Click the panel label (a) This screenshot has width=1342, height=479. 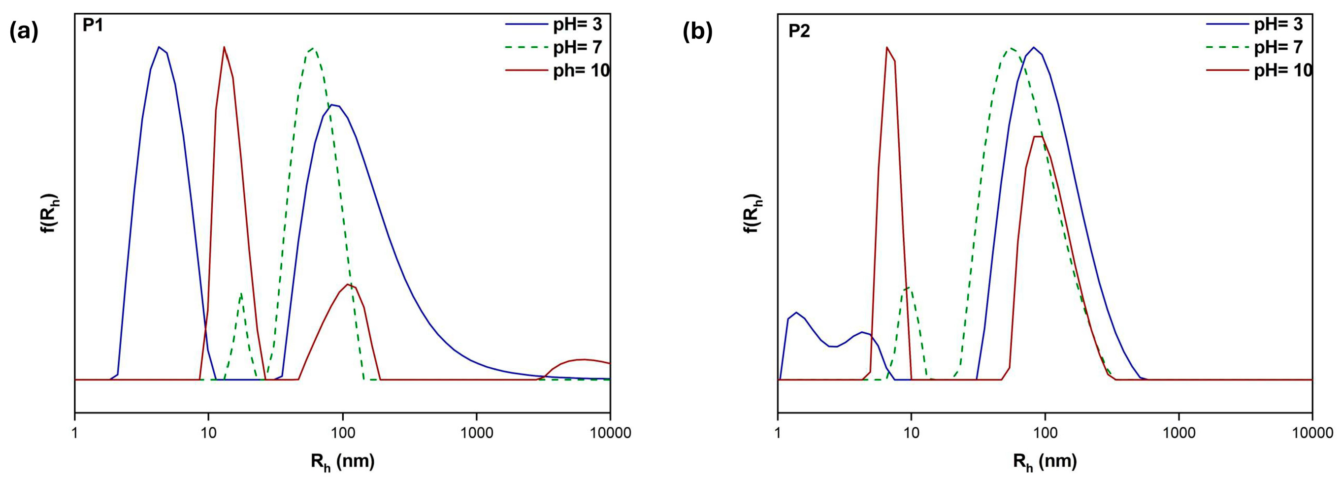[24, 32]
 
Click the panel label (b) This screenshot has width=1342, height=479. [697, 32]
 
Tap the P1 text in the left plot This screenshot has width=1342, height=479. [93, 26]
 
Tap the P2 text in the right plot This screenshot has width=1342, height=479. [799, 31]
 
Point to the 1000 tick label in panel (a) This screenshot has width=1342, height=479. [476, 434]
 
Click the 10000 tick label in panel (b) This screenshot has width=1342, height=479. [1312, 434]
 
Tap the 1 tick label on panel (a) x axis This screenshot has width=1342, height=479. [75, 434]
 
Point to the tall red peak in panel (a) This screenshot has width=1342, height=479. [224, 47]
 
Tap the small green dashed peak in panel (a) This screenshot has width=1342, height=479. [241, 294]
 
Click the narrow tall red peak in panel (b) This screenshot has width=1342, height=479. [886, 47]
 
